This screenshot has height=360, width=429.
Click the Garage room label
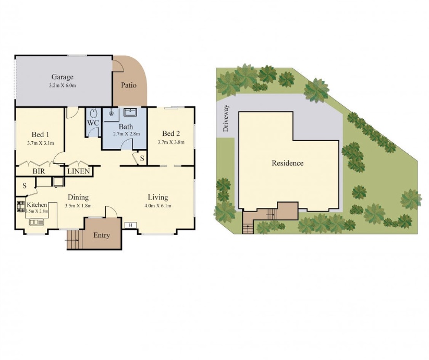pos(63,77)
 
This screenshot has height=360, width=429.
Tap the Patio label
pos(129,85)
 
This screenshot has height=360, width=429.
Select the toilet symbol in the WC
pos(94,113)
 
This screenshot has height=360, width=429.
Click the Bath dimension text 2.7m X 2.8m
pos(126,134)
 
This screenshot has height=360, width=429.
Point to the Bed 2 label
pos(171,134)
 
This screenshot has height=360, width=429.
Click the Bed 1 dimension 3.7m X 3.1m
pos(41,143)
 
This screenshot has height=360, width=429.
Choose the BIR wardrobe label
pos(39,171)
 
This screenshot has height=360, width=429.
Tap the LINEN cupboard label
pos(79,171)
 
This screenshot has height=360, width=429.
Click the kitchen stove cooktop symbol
pos(21,206)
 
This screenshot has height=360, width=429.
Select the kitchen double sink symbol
pos(36,222)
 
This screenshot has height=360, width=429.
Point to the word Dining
pos(78,197)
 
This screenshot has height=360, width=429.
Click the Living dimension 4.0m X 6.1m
pos(158,206)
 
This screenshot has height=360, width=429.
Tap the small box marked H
pos(131,225)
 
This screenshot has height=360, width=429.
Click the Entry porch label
pos(102,235)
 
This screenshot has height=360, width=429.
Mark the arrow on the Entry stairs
pos(72,240)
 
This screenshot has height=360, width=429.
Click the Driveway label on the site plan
pos(226,118)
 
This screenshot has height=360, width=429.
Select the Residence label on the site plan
pos(288,163)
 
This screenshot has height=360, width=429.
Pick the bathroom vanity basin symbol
pos(130,113)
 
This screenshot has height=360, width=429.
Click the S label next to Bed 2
pos(142,158)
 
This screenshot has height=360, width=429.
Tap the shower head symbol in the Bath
pos(112,113)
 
